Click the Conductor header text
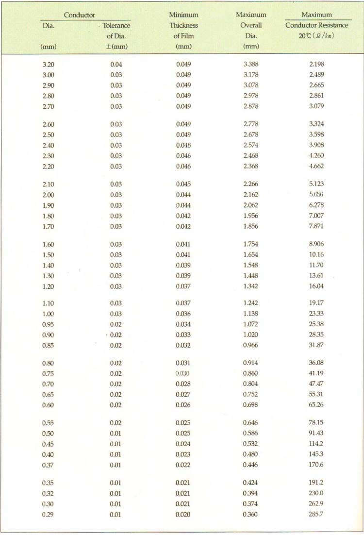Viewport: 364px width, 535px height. point(80,15)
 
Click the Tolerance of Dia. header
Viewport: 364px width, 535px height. point(116,31)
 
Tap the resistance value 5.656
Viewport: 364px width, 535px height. point(316,195)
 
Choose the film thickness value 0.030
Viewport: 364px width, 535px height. point(183,374)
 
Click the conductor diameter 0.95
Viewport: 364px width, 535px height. point(48,324)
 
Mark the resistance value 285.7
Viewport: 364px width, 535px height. point(316,515)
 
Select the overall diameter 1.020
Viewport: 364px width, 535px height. point(251,335)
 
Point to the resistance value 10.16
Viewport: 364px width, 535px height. point(316,255)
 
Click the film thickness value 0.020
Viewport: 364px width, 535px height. point(183,515)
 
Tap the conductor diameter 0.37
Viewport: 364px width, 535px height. point(48,465)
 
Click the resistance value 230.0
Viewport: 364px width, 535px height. point(316,493)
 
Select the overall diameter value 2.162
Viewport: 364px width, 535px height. point(251,195)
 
